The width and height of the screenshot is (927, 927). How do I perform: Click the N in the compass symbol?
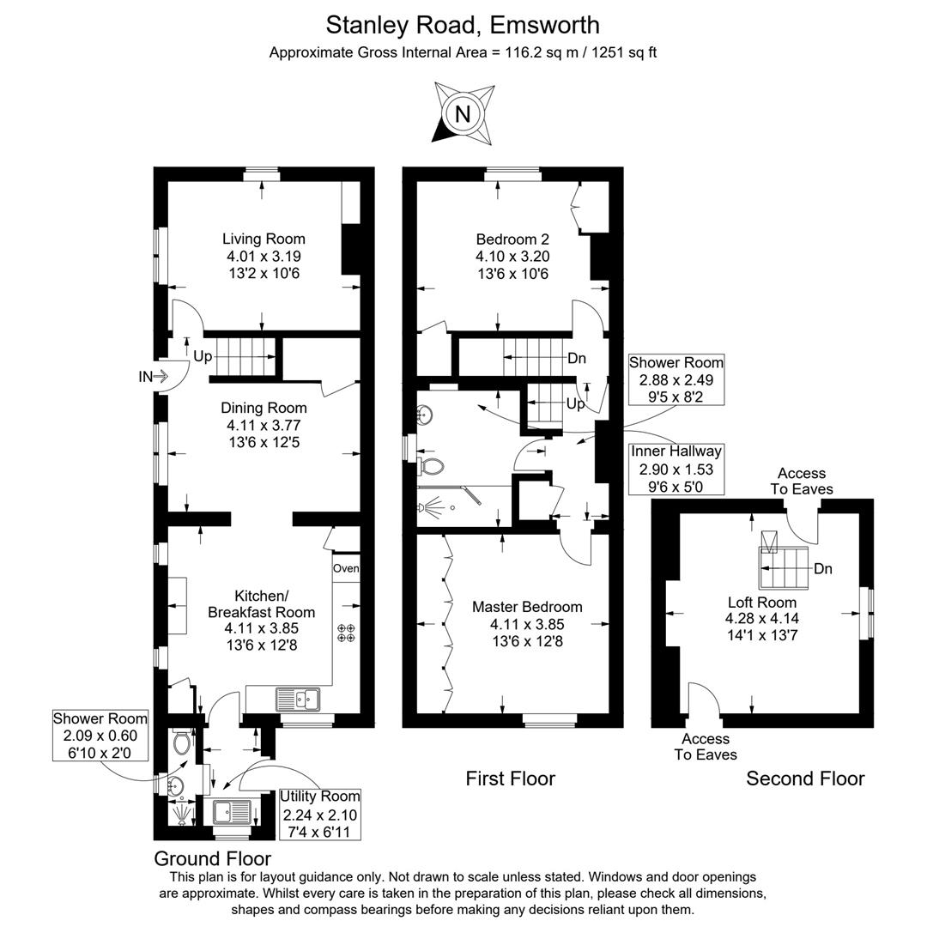[x=463, y=113]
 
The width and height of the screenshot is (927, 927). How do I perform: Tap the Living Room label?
[x=264, y=239]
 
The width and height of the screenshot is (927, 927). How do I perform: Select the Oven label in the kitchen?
[x=346, y=568]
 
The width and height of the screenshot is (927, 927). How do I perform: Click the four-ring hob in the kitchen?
[x=346, y=633]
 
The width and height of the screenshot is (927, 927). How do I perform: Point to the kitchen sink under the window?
[x=297, y=700]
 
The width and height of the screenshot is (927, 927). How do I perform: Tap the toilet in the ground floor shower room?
[x=181, y=742]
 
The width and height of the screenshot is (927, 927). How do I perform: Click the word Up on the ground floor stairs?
[x=203, y=356]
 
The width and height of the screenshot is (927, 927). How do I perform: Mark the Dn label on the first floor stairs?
[x=576, y=359]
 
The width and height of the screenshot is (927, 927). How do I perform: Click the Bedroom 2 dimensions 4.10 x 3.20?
[x=512, y=256]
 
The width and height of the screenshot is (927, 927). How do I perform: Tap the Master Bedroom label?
[x=527, y=607]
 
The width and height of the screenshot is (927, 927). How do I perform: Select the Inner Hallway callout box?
[x=676, y=469]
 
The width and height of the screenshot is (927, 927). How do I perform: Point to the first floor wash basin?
[x=425, y=416]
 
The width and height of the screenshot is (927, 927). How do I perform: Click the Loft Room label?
[x=762, y=602]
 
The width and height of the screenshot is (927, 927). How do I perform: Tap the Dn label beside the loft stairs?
[x=822, y=568]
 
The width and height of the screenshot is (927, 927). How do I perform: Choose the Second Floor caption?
[x=805, y=779]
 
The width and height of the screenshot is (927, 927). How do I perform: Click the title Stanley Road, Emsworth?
[x=463, y=24]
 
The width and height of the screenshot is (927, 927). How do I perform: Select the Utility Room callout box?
[x=319, y=814]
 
